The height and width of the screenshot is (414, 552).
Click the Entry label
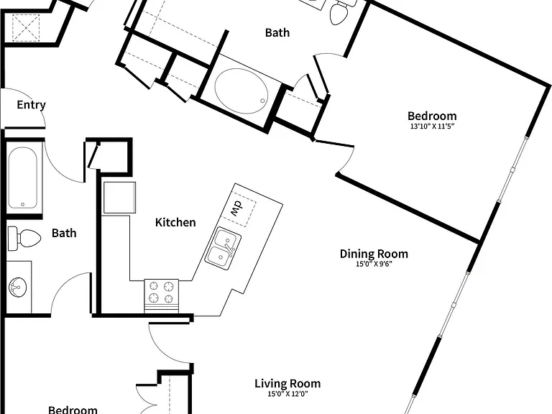click(32, 105)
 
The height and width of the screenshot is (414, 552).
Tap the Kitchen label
click(175, 223)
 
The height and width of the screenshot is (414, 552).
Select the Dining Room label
click(374, 254)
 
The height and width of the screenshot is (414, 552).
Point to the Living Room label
click(287, 384)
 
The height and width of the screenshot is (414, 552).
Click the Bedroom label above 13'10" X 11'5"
click(432, 116)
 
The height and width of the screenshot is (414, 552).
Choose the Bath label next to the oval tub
click(277, 33)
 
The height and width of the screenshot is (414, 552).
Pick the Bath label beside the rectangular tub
click(64, 233)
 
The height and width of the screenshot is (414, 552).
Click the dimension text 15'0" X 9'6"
click(374, 264)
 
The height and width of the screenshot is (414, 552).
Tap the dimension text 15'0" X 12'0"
click(287, 394)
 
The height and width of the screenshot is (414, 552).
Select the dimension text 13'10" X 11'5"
click(432, 126)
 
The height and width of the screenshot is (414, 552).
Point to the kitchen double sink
click(223, 249)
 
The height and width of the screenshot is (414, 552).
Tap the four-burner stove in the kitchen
click(161, 295)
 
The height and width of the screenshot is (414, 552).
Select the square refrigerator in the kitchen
click(120, 198)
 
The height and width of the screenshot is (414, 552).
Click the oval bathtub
click(241, 91)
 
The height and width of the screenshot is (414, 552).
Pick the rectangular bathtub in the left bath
click(22, 178)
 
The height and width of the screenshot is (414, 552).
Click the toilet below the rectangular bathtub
click(24, 239)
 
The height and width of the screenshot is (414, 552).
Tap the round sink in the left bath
click(17, 287)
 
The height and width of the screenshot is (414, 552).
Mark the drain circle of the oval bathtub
click(262, 101)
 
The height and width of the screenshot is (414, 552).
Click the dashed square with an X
click(26, 28)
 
